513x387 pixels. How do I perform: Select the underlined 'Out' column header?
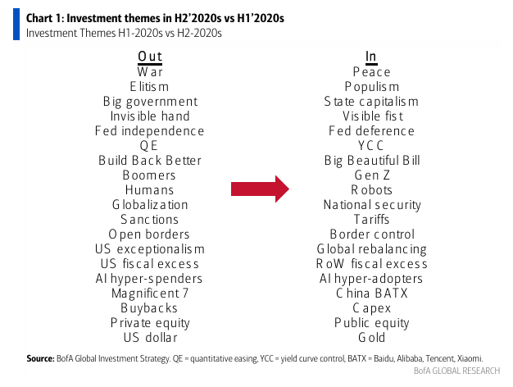click(x=150, y=57)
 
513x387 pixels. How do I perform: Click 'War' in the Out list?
click(x=150, y=72)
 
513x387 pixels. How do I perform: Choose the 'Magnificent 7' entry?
click(x=150, y=294)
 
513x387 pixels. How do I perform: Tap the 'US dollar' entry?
click(x=150, y=338)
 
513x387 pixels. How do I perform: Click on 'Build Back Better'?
click(x=150, y=161)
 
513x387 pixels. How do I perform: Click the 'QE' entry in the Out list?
click(x=150, y=146)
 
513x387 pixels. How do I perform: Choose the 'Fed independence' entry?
click(x=150, y=131)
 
